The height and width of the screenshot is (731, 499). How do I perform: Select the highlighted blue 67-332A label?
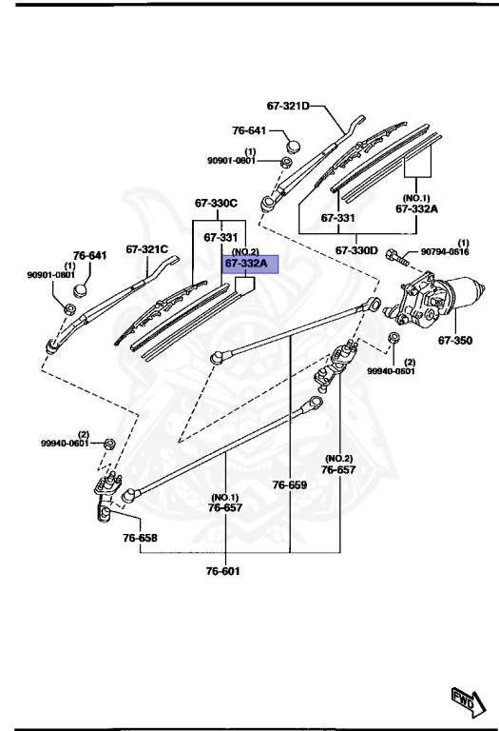(x=247, y=263)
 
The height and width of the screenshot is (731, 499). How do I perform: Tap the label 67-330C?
(x=216, y=203)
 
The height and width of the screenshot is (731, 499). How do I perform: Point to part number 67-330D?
(x=356, y=249)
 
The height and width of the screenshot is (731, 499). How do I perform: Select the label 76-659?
(x=291, y=484)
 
